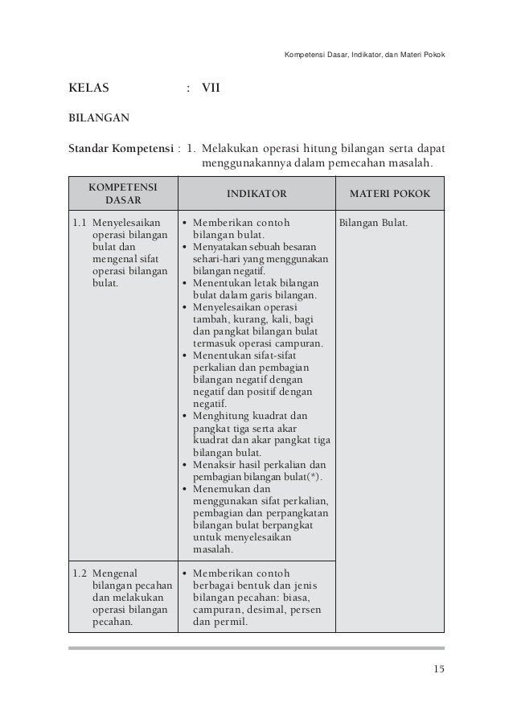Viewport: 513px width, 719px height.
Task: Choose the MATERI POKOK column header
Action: pos(389,195)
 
